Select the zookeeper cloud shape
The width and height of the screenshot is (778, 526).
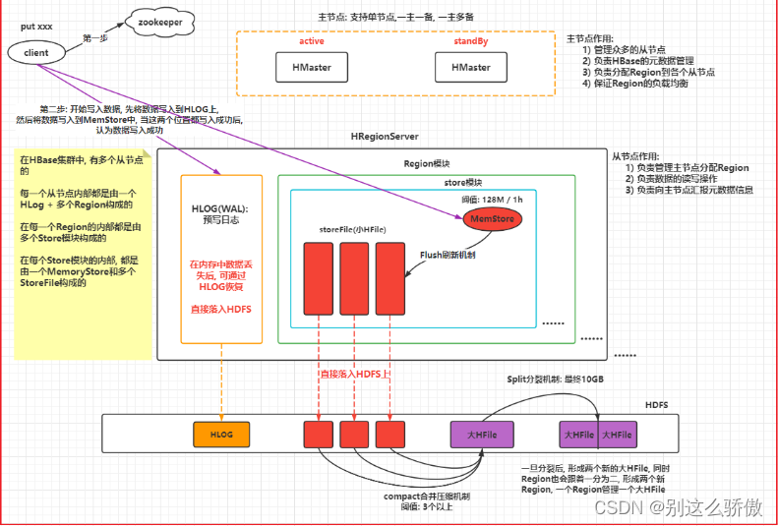(x=157, y=19)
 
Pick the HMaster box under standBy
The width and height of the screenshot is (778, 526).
(x=470, y=67)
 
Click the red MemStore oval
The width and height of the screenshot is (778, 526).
(x=494, y=216)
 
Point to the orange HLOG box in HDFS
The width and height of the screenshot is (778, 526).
(x=219, y=434)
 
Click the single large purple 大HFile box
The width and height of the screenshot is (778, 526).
(x=482, y=434)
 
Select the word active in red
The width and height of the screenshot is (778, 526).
(x=311, y=41)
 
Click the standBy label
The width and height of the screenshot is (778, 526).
(x=470, y=41)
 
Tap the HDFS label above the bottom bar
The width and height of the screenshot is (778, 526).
(x=628, y=404)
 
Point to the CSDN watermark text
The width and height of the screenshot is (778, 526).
(x=678, y=506)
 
